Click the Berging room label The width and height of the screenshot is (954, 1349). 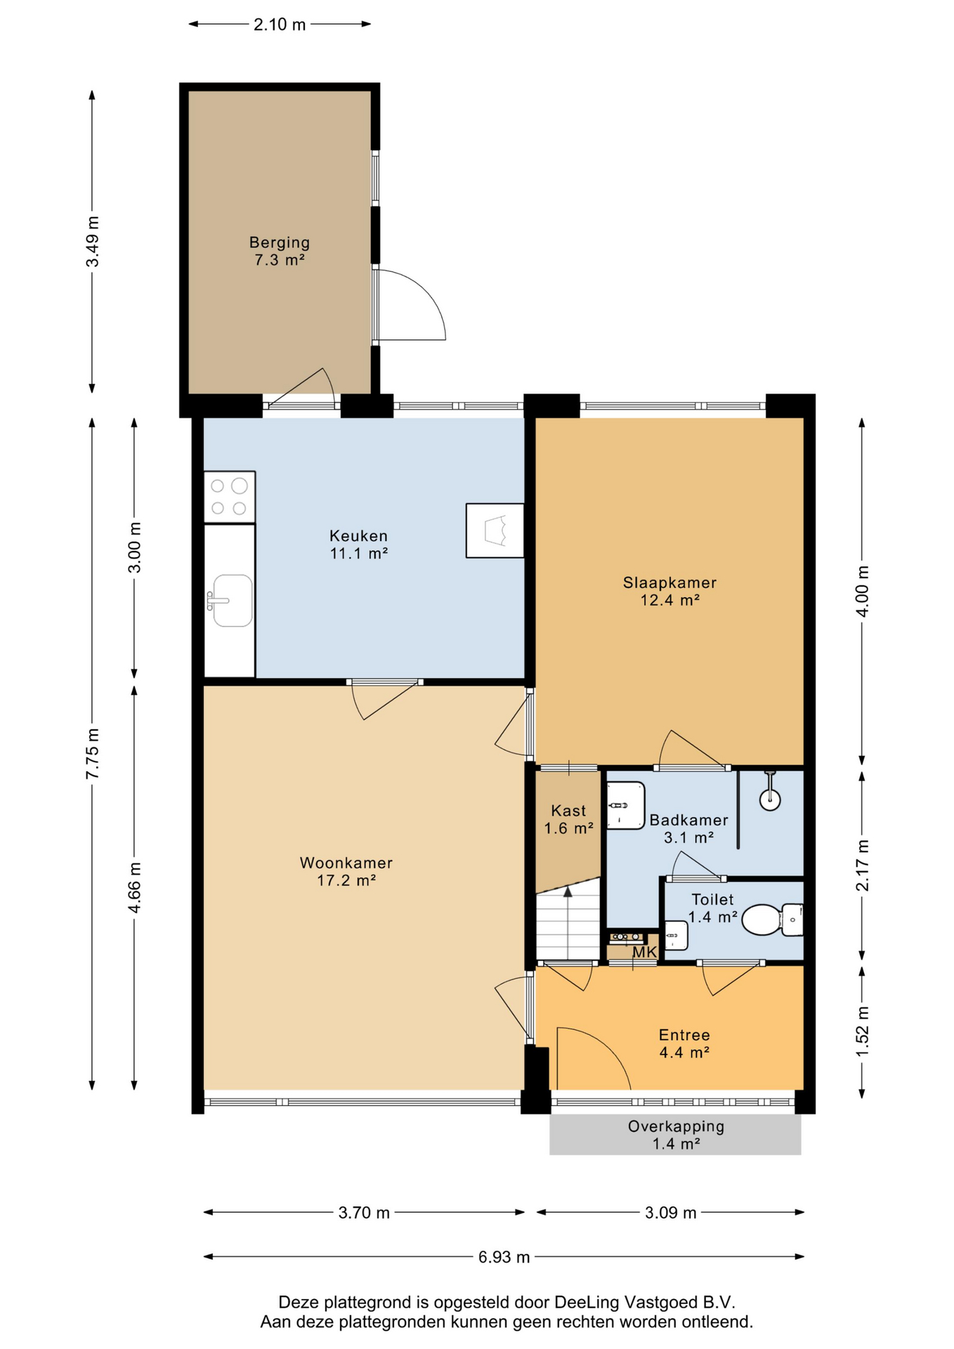point(279,242)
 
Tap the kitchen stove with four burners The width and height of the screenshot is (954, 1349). point(230,497)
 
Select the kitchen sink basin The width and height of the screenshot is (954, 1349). point(233,600)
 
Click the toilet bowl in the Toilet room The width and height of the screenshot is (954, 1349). point(762,920)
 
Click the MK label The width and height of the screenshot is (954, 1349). point(645,952)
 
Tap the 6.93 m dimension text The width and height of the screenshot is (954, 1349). point(504,1257)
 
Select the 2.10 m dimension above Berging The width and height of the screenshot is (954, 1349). point(280,25)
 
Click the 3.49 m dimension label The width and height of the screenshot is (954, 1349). point(92,241)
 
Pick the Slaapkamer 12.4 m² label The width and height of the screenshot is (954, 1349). point(669,591)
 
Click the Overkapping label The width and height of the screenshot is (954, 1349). point(676,1126)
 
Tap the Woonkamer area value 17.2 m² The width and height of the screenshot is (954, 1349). point(346,880)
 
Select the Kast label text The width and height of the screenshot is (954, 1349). point(568,811)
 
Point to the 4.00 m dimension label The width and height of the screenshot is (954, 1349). point(863,591)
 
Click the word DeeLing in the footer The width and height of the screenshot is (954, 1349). point(587,1302)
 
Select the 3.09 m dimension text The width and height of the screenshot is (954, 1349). point(671,1213)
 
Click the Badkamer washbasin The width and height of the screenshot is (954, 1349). point(625,805)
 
